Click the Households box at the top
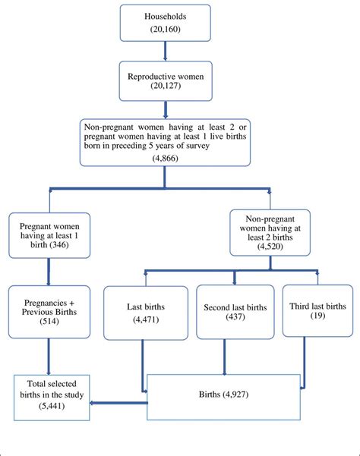coord(165,23)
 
